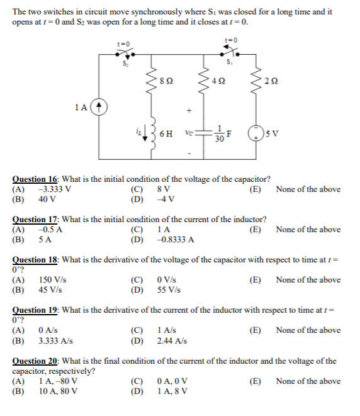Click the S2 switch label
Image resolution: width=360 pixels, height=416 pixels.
point(124,62)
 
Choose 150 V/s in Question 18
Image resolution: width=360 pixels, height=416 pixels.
point(53,280)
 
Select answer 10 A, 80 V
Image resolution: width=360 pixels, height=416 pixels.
point(58,391)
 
